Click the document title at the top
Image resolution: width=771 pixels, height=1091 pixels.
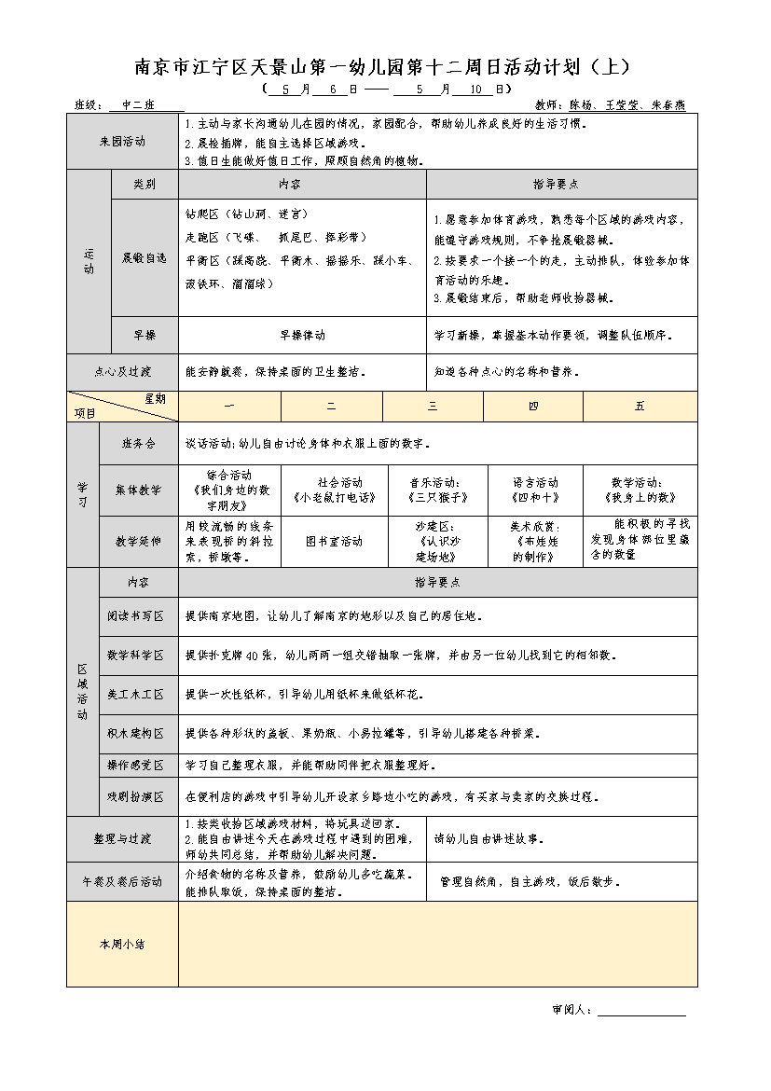384,67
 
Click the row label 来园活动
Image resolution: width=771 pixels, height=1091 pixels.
122,142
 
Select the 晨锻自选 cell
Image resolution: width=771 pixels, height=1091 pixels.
145,256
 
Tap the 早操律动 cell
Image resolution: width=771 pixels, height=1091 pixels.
302,335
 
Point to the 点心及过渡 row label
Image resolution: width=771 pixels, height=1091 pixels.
122,371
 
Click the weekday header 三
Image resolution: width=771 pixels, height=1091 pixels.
433,407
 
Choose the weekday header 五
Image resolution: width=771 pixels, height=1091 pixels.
640,407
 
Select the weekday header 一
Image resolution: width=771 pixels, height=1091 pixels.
229,407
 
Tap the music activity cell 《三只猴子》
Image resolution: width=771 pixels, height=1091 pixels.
433,490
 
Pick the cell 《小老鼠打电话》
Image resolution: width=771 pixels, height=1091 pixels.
332,490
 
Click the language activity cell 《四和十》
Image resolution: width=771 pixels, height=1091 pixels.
535,490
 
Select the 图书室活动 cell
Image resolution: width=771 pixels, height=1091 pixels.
332,541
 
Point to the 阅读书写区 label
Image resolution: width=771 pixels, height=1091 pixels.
136,616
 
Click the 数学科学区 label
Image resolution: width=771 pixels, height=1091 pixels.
136,656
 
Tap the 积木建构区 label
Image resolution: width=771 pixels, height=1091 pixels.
136,733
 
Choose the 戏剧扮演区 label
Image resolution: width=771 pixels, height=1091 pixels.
136,796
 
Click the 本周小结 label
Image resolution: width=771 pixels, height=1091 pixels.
122,944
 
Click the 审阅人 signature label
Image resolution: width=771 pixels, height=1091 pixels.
571,1010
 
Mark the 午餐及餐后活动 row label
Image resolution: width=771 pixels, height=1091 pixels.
122,881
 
